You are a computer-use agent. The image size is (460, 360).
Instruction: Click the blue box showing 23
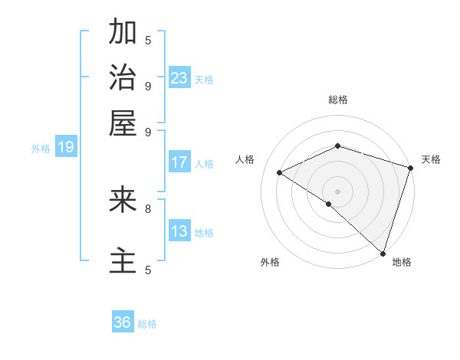179,78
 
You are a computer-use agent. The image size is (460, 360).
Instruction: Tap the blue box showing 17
179,162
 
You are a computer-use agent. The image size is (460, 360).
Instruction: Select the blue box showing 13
179,231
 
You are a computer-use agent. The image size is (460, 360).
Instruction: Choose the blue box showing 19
66,147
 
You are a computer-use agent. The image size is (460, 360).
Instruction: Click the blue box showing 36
123,322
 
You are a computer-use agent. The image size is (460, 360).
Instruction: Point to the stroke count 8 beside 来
148,208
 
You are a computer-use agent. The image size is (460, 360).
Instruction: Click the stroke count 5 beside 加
148,39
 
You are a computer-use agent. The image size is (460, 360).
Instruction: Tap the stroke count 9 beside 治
148,85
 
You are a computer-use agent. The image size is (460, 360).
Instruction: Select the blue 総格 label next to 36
147,324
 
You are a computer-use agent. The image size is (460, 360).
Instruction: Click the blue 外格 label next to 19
41,149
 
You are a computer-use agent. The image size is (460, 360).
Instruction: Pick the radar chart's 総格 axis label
338,100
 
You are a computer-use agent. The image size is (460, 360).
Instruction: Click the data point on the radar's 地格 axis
383,253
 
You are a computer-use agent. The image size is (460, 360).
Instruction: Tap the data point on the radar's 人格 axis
280,172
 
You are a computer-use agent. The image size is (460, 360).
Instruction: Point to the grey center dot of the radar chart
337,191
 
